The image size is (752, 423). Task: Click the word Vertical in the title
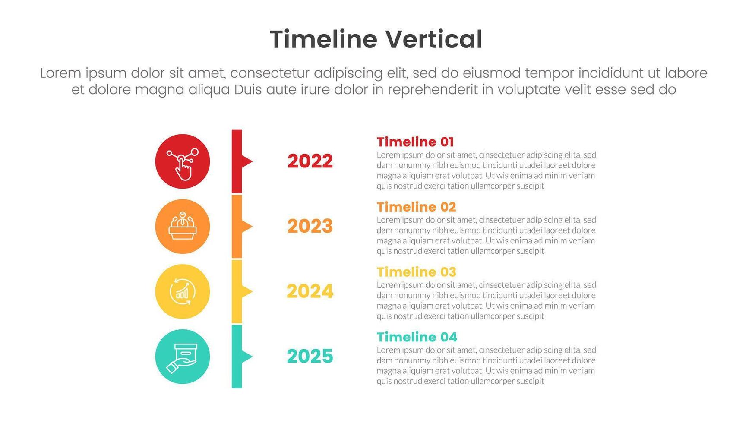(434, 39)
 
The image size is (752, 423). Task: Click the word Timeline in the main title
(323, 39)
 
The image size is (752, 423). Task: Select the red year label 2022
(310, 161)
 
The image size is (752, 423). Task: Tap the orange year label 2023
(310, 226)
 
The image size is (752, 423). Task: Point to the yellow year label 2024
(310, 291)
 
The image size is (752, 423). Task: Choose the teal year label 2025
(310, 357)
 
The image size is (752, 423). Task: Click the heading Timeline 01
(415, 142)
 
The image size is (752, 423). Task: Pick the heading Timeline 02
(417, 207)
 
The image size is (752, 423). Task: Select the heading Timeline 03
(417, 272)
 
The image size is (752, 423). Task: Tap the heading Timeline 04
(417, 337)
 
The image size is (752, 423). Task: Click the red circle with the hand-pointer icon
(183, 161)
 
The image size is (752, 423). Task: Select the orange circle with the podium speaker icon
(183, 227)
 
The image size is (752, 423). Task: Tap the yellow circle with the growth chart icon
(183, 292)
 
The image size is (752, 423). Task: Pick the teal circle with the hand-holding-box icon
(183, 357)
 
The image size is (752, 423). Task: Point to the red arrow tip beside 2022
(252, 161)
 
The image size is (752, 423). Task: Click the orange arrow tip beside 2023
(252, 227)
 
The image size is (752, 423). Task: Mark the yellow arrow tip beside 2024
(252, 292)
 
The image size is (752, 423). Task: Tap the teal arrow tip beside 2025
(252, 357)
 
